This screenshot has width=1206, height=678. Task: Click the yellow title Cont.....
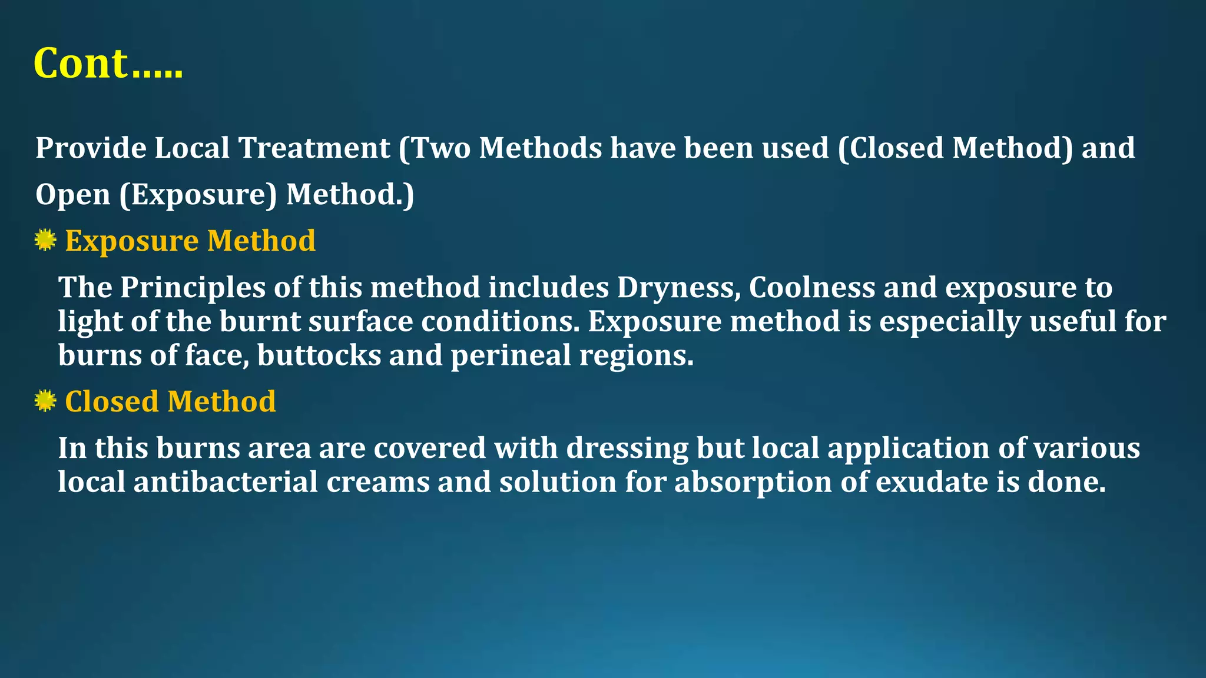(108, 64)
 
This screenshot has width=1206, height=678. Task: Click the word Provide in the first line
(91, 148)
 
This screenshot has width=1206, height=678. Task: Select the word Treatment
(314, 148)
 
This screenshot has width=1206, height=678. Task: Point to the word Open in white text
(72, 194)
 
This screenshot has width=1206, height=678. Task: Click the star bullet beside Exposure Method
(45, 240)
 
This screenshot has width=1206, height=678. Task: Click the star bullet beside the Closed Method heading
(45, 401)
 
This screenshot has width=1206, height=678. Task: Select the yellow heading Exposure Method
(190, 241)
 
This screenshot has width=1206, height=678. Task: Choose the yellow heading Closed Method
(170, 401)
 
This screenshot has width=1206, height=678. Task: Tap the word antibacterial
(226, 482)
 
